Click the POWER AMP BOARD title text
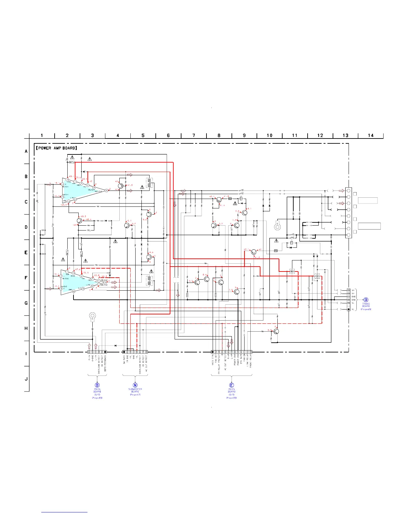(x=57, y=148)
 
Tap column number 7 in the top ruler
(x=193, y=136)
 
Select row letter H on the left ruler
(x=26, y=328)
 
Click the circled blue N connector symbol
(x=135, y=385)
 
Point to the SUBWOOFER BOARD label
(x=135, y=390)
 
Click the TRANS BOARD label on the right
(x=366, y=305)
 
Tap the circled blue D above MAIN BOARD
(x=97, y=385)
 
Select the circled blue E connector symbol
(x=232, y=385)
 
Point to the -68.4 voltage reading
(x=88, y=219)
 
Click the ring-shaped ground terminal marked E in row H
(x=92, y=316)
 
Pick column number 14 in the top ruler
(x=371, y=136)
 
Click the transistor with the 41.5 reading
(x=121, y=186)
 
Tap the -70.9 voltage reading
(x=86, y=272)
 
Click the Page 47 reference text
(x=135, y=395)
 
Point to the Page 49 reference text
(x=366, y=309)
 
